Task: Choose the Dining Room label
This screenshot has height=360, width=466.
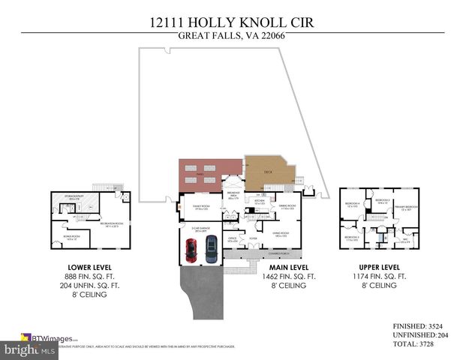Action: (x=287, y=208)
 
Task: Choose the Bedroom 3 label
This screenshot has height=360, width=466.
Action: (x=383, y=201)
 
